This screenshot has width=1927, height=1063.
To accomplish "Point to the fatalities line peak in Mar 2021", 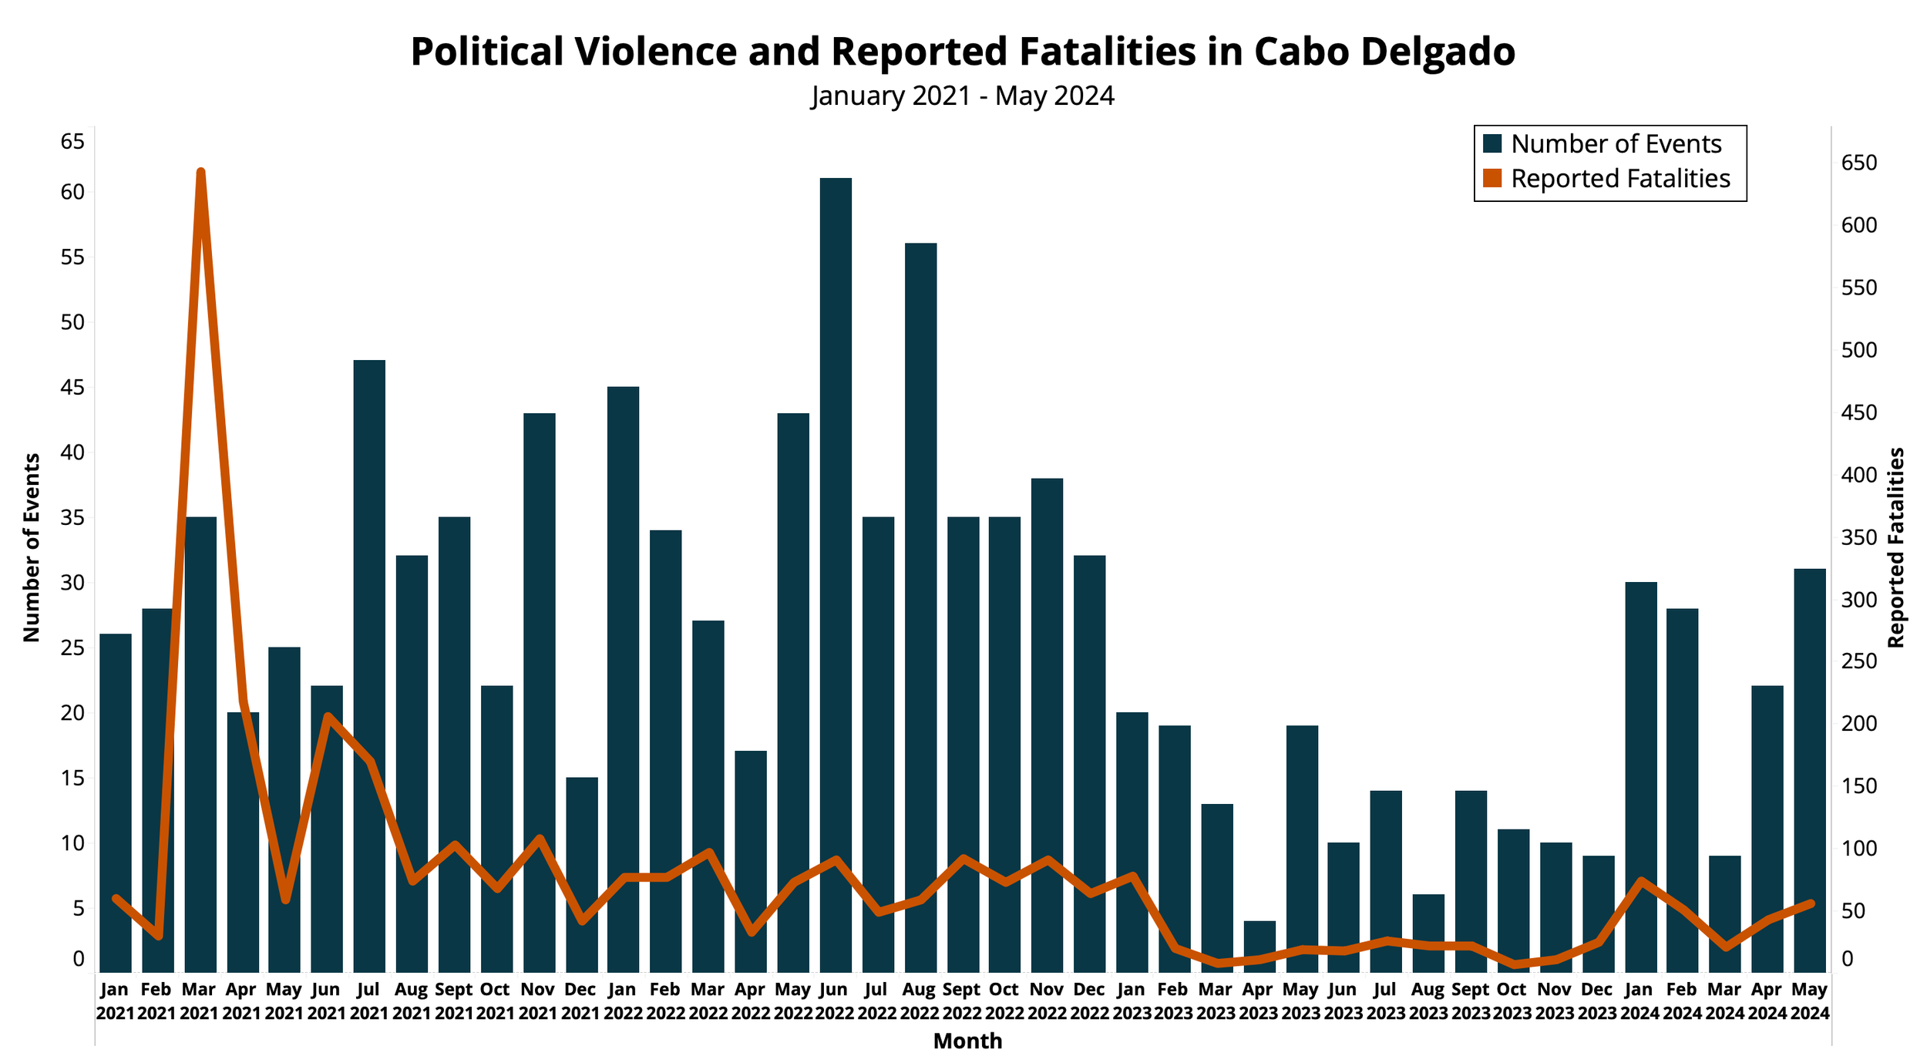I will (x=200, y=172).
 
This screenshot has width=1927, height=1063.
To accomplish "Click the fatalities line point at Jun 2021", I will (x=327, y=716).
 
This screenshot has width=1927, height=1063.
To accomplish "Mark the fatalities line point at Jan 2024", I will (x=1640, y=880).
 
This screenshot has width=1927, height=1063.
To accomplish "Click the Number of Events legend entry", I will (x=1616, y=144).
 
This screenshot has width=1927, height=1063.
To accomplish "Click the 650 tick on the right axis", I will (x=1859, y=163).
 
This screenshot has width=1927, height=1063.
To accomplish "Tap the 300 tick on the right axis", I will (x=1859, y=600).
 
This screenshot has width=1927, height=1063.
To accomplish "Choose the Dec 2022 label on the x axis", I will (x=1089, y=1001).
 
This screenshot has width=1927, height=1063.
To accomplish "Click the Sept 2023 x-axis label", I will (x=1470, y=1001).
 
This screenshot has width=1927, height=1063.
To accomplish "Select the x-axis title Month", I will (x=967, y=1041).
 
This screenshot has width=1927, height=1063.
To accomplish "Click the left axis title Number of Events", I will (x=32, y=547).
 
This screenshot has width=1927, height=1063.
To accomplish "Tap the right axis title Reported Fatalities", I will (x=1896, y=547).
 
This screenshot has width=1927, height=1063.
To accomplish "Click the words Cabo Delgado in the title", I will (x=1384, y=52).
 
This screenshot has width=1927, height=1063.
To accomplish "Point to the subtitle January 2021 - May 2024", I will (x=963, y=96).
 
